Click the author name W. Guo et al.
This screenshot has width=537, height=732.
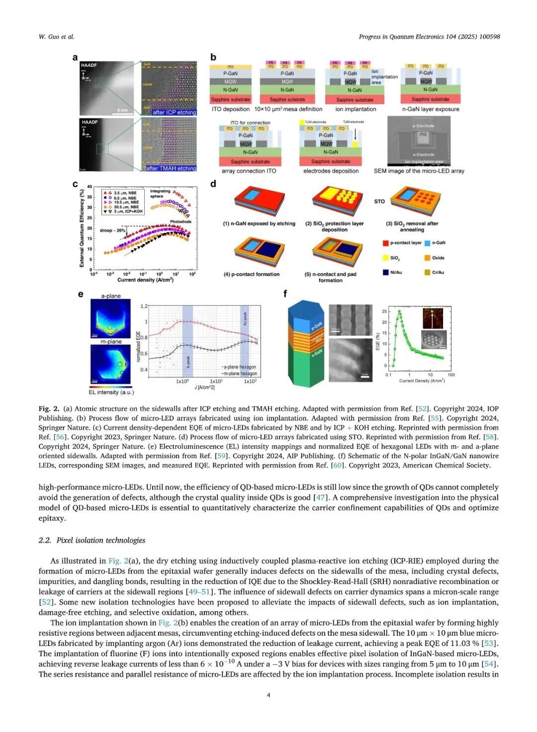tap(56, 37)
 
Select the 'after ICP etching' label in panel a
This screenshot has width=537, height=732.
tap(174, 112)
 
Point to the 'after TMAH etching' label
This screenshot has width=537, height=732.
tap(171, 168)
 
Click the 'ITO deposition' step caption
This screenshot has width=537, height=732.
tap(231, 109)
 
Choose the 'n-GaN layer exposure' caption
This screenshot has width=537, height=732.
tap(431, 109)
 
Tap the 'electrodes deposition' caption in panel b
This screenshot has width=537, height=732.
tap(331, 171)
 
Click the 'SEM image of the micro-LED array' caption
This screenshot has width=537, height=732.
tap(419, 171)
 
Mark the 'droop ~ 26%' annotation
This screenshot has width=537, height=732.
tap(112, 231)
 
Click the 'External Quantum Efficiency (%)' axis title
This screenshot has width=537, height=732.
tap(82, 228)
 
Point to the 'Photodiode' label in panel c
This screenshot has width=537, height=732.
tap(180, 222)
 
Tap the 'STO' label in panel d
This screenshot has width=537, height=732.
tap(379, 201)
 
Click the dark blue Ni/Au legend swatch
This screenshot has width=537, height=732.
tap(385, 272)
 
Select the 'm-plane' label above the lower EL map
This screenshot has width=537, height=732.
tap(111, 341)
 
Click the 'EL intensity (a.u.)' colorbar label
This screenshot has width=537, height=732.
tap(111, 392)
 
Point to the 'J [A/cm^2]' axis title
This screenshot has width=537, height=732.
tap(204, 387)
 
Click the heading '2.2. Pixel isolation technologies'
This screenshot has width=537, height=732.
tap(92, 540)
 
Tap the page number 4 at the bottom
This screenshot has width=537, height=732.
tap(268, 695)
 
